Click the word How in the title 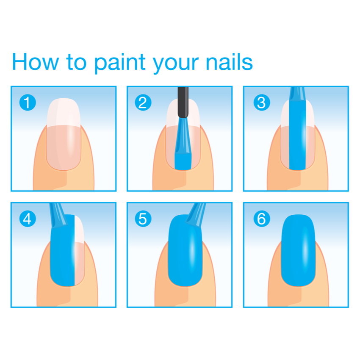pyautogui.click(x=35, y=61)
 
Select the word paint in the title pyautogui.click(x=120, y=64)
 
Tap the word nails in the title pyautogui.click(x=229, y=61)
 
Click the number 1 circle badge pyautogui.click(x=28, y=102)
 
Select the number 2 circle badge pyautogui.click(x=143, y=102)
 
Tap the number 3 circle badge pyautogui.click(x=262, y=102)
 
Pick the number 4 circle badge pyautogui.click(x=28, y=219)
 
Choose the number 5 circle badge pyautogui.click(x=143, y=219)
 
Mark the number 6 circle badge pyautogui.click(x=262, y=219)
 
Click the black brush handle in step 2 pyautogui.click(x=183, y=102)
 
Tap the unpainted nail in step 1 pyautogui.click(x=64, y=134)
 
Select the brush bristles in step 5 pyautogui.click(x=196, y=214)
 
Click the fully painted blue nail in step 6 pyautogui.click(x=298, y=250)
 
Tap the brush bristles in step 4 pyautogui.click(x=58, y=215)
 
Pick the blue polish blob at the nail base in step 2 pyautogui.click(x=183, y=162)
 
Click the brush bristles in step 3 pyautogui.click(x=297, y=94)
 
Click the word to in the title pyautogui.click(x=76, y=62)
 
